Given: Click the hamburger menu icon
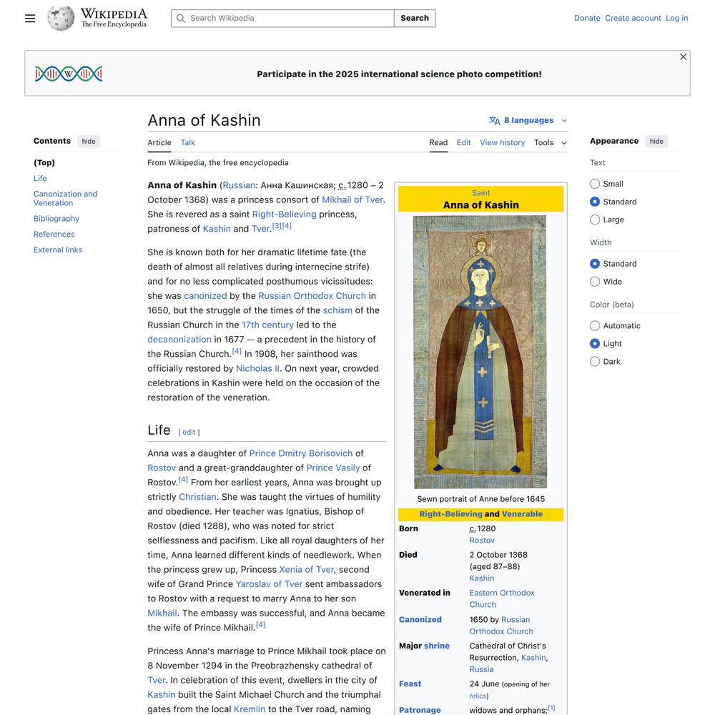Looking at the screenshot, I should pyautogui.click(x=30, y=19).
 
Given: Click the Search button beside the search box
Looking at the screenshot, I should pyautogui.click(x=415, y=19).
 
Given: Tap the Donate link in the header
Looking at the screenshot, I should pyautogui.click(x=587, y=19).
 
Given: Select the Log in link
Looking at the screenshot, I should pyautogui.click(x=676, y=19).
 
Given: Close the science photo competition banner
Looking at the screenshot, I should pyautogui.click(x=684, y=57).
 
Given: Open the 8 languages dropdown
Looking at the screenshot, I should pyautogui.click(x=528, y=121).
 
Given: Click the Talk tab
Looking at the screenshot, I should pyautogui.click(x=188, y=143).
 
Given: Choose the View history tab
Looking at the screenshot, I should pyautogui.click(x=502, y=143).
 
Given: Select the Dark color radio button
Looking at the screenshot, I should pyautogui.click(x=595, y=362).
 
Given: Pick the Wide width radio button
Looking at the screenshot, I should pyautogui.click(x=595, y=282).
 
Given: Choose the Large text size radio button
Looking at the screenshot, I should pyautogui.click(x=595, y=220).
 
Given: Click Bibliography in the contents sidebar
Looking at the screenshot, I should pyautogui.click(x=56, y=219).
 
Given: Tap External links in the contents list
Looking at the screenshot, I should pyautogui.click(x=58, y=250).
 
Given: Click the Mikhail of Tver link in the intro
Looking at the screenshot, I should pyautogui.click(x=352, y=200).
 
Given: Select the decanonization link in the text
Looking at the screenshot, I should pyautogui.click(x=179, y=340).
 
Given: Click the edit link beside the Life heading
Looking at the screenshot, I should pyautogui.click(x=189, y=433).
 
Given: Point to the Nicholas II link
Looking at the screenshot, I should pyautogui.click(x=257, y=369).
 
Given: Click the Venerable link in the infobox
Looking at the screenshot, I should pyautogui.click(x=522, y=514).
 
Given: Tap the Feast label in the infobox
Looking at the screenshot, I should pyautogui.click(x=410, y=684).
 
